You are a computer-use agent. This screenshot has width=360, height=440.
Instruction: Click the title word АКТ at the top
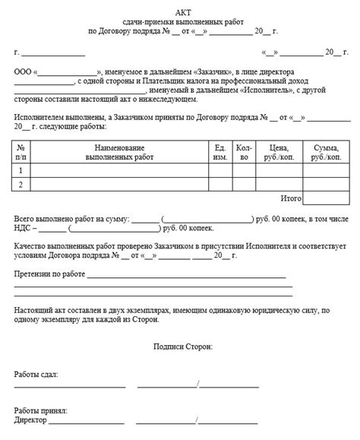click(x=182, y=12)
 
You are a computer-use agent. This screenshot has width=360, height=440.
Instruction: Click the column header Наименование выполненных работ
click(x=119, y=150)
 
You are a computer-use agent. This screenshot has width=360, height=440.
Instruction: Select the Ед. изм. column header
click(x=219, y=150)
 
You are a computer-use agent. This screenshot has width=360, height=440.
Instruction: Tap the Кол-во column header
click(x=243, y=150)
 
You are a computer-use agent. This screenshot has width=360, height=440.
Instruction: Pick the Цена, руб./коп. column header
click(x=279, y=150)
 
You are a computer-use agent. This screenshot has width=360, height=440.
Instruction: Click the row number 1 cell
click(x=21, y=170)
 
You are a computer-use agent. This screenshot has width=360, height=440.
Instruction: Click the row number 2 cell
click(x=21, y=185)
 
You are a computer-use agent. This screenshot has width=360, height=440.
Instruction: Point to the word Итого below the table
click(x=290, y=198)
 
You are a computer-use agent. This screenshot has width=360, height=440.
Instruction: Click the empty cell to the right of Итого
click(x=327, y=198)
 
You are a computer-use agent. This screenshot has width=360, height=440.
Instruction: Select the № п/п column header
click(x=21, y=150)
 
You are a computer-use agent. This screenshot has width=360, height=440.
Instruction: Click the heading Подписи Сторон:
click(x=182, y=346)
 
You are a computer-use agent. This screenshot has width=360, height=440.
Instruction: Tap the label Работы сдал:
click(x=35, y=375)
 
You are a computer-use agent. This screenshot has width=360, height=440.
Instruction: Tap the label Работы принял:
click(x=40, y=410)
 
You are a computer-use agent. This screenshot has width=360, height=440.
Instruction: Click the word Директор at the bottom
click(x=30, y=420)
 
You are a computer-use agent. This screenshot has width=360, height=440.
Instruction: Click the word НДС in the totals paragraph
click(x=23, y=228)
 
